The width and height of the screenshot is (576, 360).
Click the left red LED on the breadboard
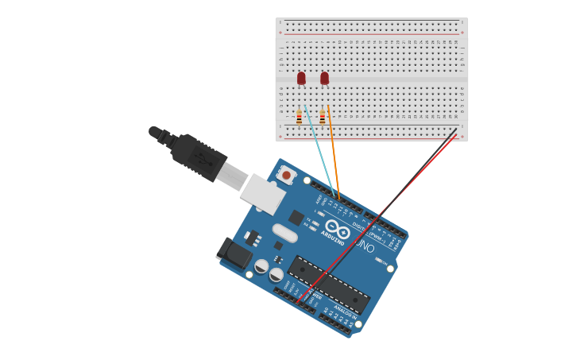(301, 78)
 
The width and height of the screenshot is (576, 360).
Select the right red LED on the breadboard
(324, 78)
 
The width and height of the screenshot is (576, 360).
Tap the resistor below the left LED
(299, 118)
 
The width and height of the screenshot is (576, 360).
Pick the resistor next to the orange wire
(323, 117)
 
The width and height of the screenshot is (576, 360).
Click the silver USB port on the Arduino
(263, 194)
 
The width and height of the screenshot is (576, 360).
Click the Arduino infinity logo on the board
(337, 227)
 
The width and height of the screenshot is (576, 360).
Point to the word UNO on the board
(364, 247)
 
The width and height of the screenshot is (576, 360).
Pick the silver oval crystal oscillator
(284, 233)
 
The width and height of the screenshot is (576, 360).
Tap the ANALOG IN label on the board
(343, 308)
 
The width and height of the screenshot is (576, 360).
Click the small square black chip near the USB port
(296, 217)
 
